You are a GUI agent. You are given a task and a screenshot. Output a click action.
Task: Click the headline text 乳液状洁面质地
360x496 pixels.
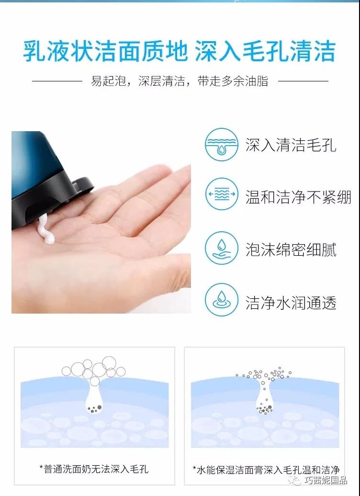[x=105, y=51]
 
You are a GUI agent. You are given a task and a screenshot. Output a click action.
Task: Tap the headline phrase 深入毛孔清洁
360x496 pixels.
[x=265, y=51]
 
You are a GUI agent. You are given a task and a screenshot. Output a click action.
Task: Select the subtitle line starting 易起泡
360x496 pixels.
[x=180, y=81]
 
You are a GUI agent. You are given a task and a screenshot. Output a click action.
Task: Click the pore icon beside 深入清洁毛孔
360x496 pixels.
[x=222, y=145]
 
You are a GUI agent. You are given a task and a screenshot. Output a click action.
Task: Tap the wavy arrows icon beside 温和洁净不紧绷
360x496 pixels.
[x=222, y=194]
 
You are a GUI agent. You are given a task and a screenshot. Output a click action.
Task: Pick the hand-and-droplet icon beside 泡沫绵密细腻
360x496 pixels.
[x=222, y=248]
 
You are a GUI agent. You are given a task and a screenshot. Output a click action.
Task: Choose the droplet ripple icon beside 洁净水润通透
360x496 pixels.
[x=222, y=300]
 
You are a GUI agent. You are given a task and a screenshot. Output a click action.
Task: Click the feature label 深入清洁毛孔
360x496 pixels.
[x=291, y=145]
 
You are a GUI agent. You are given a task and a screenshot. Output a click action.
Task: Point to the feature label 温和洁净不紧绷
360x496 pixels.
[x=298, y=197]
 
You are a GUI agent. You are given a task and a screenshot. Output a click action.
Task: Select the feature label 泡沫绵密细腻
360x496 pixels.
[x=291, y=249]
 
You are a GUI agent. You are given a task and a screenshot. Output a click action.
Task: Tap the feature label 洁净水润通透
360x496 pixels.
[x=291, y=303]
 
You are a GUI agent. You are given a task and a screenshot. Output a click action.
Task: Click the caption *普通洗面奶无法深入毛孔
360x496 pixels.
[x=94, y=469]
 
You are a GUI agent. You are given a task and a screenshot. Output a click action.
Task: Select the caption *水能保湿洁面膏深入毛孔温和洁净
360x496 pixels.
[x=266, y=470]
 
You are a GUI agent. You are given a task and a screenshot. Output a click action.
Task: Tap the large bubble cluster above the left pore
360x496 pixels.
[x=94, y=369]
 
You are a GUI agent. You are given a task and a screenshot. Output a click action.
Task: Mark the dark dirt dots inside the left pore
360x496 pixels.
[x=94, y=409]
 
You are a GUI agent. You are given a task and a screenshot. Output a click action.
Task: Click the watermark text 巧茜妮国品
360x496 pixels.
[x=326, y=481]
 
